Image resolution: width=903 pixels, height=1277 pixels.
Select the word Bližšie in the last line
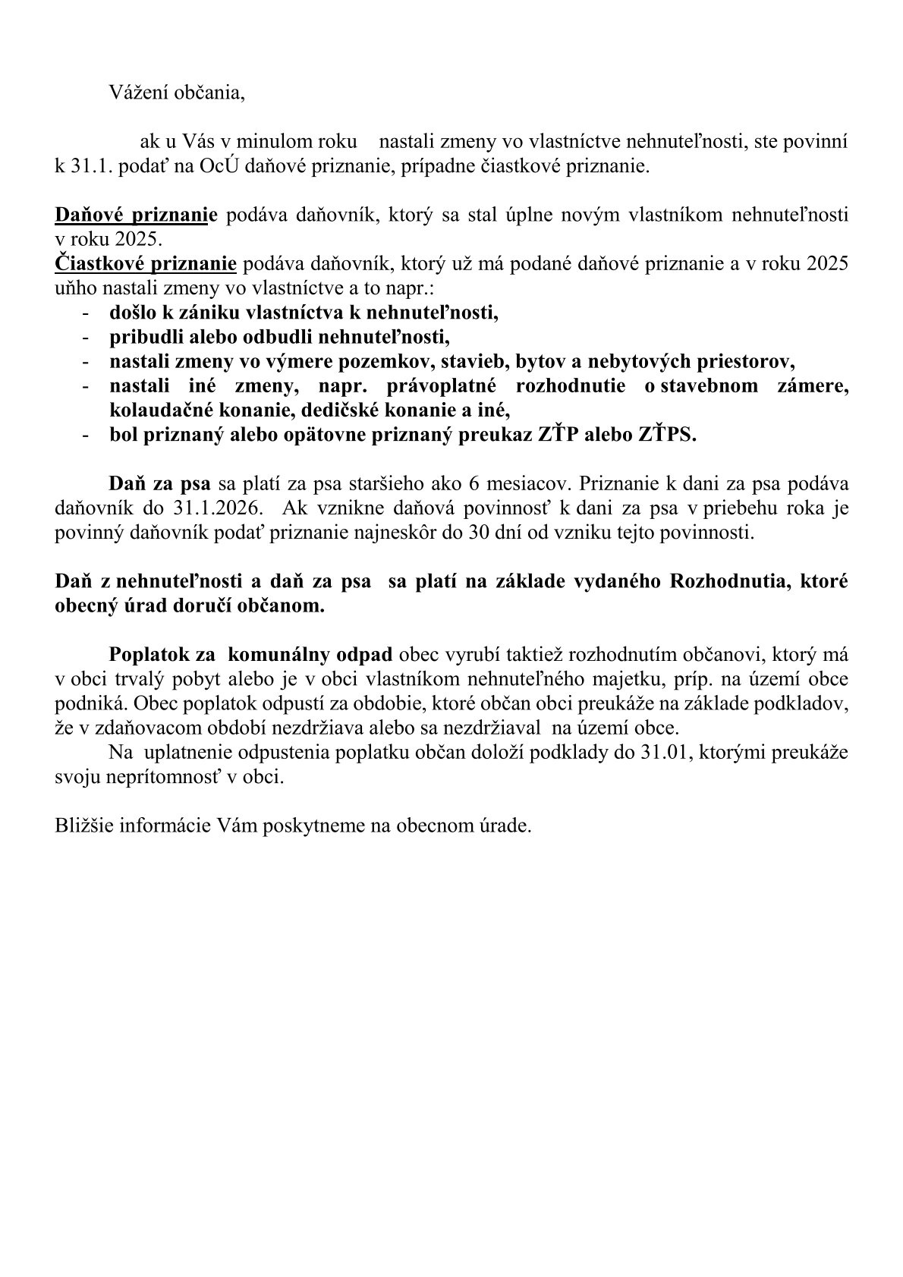pyautogui.click(x=80, y=825)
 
